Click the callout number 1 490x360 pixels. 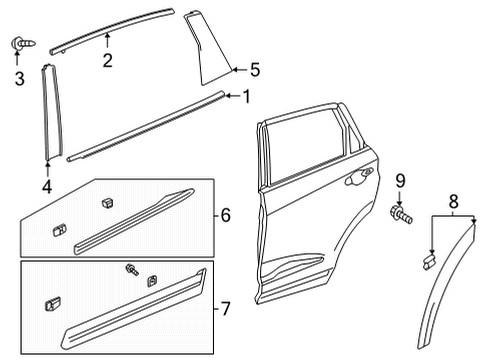click(x=246, y=97)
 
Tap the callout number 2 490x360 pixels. click(x=107, y=61)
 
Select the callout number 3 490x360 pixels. click(x=19, y=79)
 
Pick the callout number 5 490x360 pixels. click(x=255, y=70)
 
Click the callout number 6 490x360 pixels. click(x=226, y=215)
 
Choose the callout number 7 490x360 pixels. click(x=226, y=308)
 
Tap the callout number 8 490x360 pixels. click(x=453, y=201)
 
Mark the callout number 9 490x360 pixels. click(x=400, y=181)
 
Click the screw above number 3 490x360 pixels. click(x=23, y=43)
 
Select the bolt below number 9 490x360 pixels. click(x=401, y=215)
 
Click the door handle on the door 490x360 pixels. click(x=359, y=177)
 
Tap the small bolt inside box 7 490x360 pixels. click(x=132, y=269)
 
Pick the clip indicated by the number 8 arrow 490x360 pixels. click(x=430, y=261)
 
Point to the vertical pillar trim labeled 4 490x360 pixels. click(x=52, y=111)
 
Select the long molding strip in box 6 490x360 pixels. click(x=133, y=222)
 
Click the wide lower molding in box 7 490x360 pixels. click(x=133, y=308)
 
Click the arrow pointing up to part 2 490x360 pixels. click(x=107, y=41)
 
